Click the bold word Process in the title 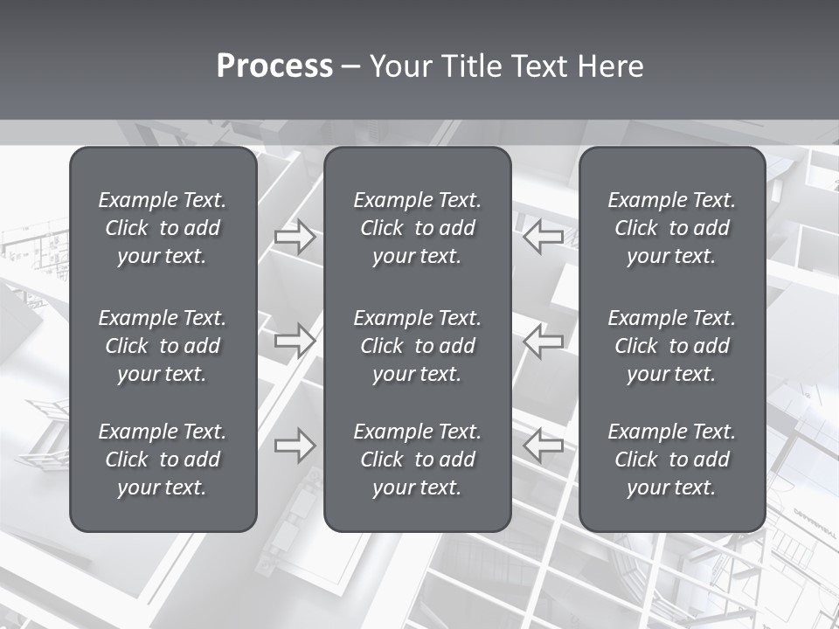click(274, 66)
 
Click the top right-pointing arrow click(295, 237)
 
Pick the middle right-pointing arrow click(295, 340)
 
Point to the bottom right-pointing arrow click(295, 446)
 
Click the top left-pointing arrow click(544, 237)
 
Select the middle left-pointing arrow click(544, 342)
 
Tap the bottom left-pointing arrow click(544, 446)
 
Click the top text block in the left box click(163, 228)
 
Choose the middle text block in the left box click(163, 346)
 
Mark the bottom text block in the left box click(163, 460)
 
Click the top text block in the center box click(417, 228)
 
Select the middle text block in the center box click(417, 346)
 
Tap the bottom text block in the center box click(417, 460)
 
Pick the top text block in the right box click(671, 228)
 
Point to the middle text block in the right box click(671, 346)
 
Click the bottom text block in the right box click(671, 460)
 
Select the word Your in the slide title click(401, 66)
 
